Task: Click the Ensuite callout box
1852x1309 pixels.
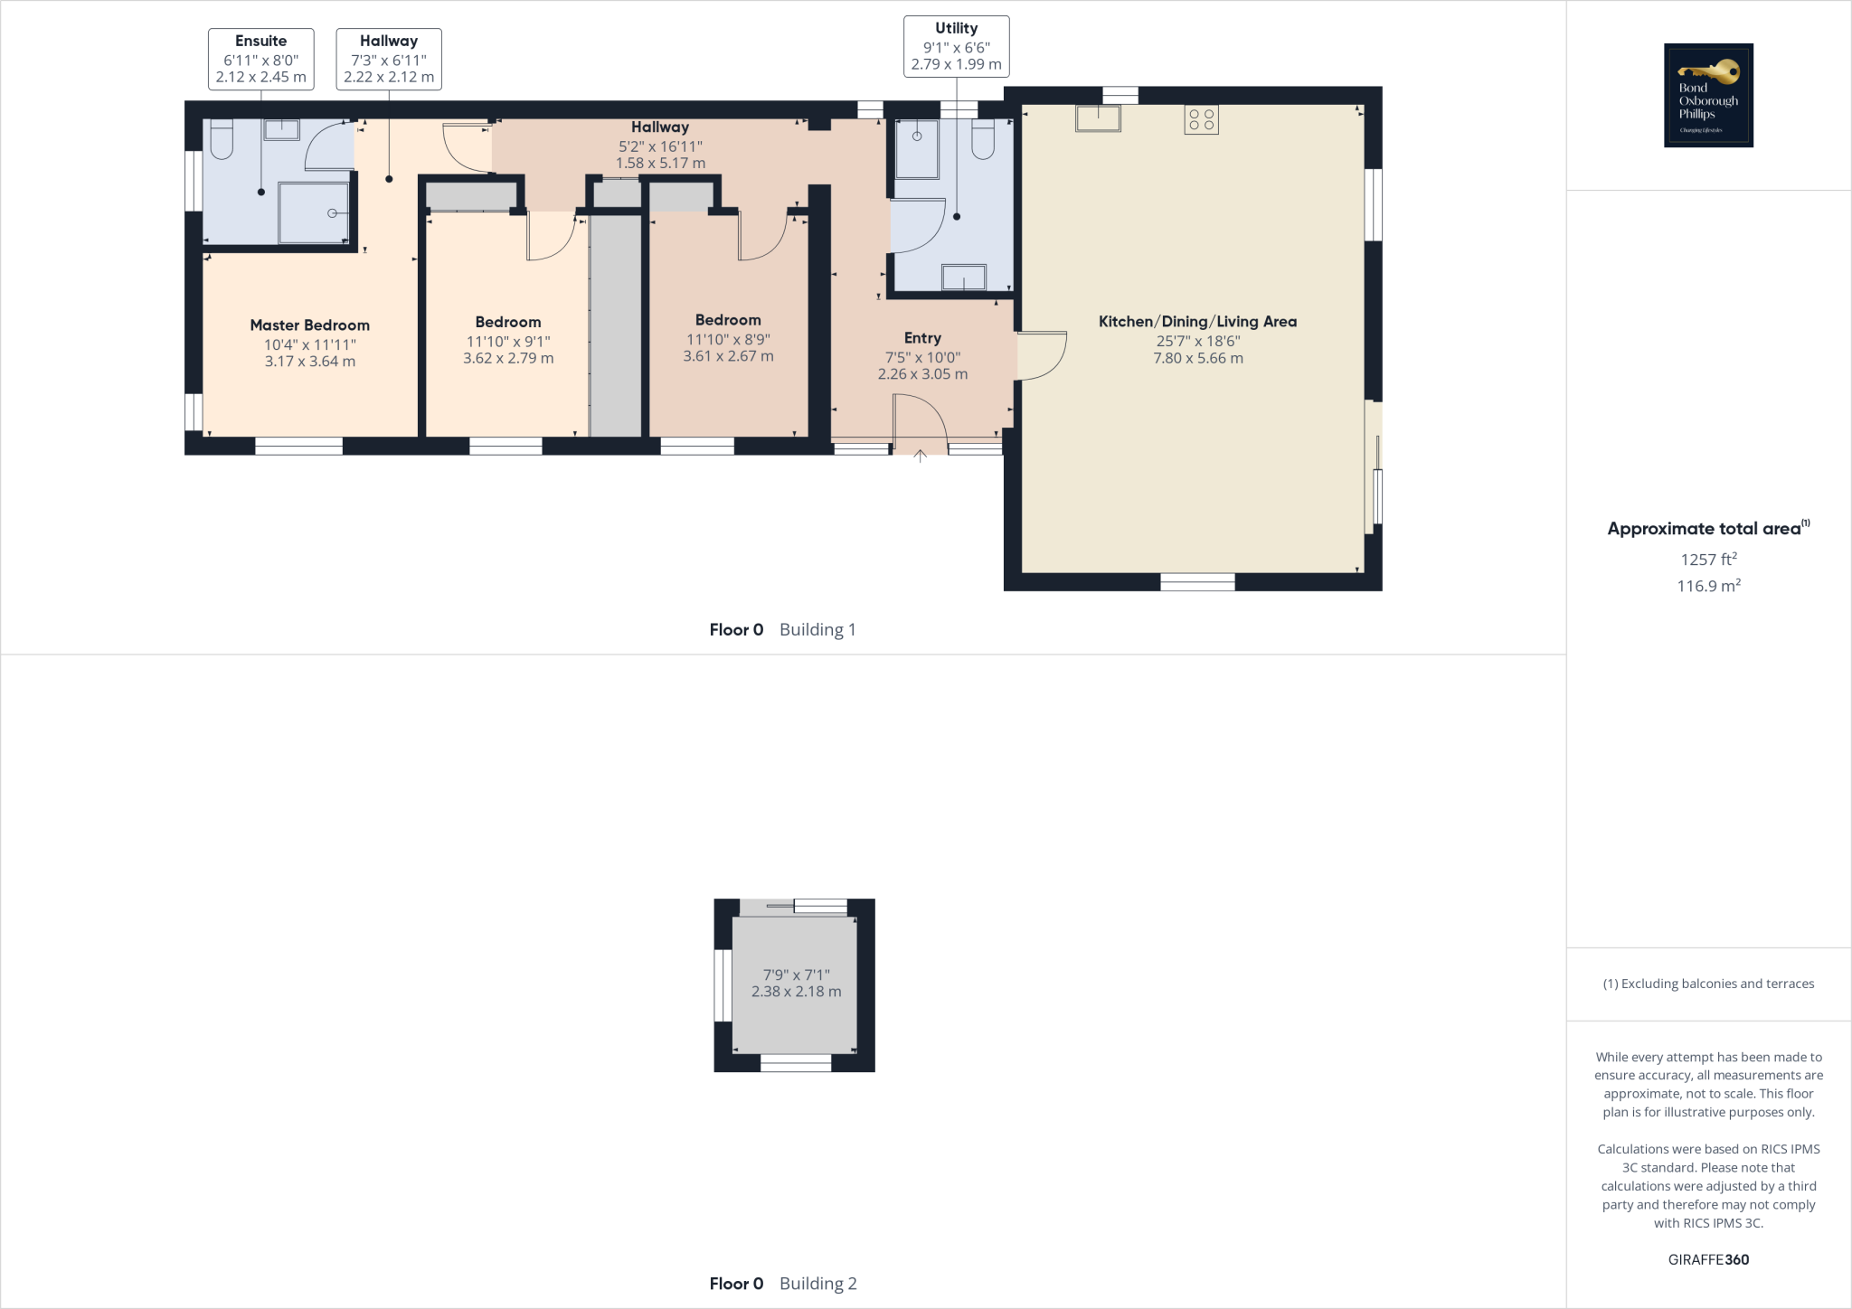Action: pyautogui.click(x=260, y=59)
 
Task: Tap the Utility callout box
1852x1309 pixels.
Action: pyautogui.click(x=956, y=46)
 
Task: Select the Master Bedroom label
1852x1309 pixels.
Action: pyautogui.click(x=309, y=325)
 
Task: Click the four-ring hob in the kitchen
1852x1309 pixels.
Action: pyautogui.click(x=1201, y=119)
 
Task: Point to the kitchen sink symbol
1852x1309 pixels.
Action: pyautogui.click(x=1098, y=118)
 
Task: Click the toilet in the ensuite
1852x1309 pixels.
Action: pyautogui.click(x=221, y=140)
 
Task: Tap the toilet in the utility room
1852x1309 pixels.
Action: pyautogui.click(x=983, y=140)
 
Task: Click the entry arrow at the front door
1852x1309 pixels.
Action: pyautogui.click(x=920, y=456)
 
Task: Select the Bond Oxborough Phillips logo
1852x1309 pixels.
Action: pyautogui.click(x=1708, y=95)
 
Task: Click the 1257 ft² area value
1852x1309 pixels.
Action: pyautogui.click(x=1708, y=560)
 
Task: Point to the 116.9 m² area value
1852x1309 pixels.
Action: pyautogui.click(x=1708, y=586)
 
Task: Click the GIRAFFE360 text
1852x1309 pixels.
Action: pyautogui.click(x=1708, y=1259)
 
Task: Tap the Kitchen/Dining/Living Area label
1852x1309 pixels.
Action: pyautogui.click(x=1197, y=322)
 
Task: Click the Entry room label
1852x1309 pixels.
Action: pyautogui.click(x=922, y=338)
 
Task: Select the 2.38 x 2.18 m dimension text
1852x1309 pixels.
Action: pyautogui.click(x=796, y=992)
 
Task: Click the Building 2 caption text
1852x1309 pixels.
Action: pyautogui.click(x=817, y=1284)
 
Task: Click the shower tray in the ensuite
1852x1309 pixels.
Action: pyautogui.click(x=313, y=213)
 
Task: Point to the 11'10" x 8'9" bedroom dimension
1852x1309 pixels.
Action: pyautogui.click(x=728, y=340)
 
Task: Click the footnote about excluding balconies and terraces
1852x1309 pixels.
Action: pyautogui.click(x=1708, y=984)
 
